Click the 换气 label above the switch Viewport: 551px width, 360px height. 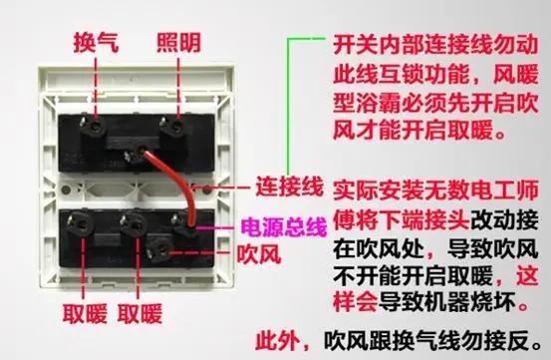pyautogui.click(x=96, y=43)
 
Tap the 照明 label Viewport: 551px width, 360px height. pyautogui.click(x=178, y=43)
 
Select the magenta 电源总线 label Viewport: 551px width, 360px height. pyautogui.click(x=284, y=226)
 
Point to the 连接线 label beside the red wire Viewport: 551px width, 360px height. pyautogui.click(x=289, y=186)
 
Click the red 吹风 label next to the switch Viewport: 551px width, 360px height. pyautogui.click(x=259, y=254)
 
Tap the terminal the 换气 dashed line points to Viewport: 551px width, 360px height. pyautogui.click(x=95, y=126)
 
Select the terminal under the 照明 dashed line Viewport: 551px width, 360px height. pyautogui.click(x=175, y=126)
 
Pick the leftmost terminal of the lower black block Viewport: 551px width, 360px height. pyautogui.click(x=82, y=224)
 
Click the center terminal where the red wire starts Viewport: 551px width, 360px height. pyautogui.click(x=138, y=154)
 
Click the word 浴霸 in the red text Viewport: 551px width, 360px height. pyautogui.click(x=379, y=104)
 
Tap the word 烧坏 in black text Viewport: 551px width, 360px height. pyautogui.click(x=493, y=302)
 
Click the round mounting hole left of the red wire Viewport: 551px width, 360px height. pyautogui.click(x=66, y=190)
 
